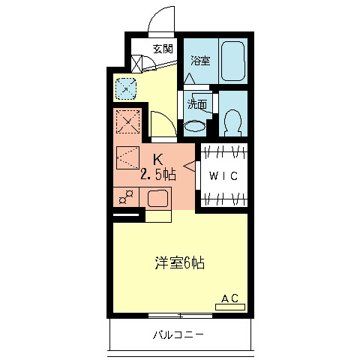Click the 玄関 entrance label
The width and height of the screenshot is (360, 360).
pyautogui.click(x=163, y=49)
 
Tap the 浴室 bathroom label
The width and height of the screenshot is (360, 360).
pyautogui.click(x=199, y=61)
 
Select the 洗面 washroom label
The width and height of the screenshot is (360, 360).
pyautogui.click(x=196, y=105)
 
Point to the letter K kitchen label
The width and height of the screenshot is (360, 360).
pyautogui.click(x=159, y=159)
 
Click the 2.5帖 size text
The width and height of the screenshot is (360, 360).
pyautogui.click(x=159, y=175)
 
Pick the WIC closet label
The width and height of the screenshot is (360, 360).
pyautogui.click(x=223, y=177)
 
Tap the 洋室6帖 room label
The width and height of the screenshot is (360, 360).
pyautogui.click(x=180, y=262)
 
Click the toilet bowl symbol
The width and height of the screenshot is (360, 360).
pyautogui.click(x=232, y=121)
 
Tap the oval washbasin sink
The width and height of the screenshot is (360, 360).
pyautogui.click(x=194, y=125)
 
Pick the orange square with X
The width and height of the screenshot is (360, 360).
pyautogui.click(x=127, y=122)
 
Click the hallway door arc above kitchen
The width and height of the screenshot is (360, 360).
pyautogui.click(x=163, y=124)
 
